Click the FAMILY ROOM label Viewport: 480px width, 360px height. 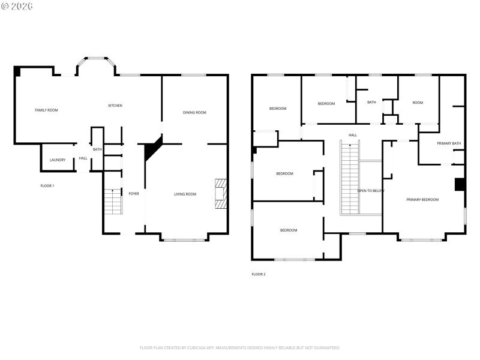[x=46, y=110]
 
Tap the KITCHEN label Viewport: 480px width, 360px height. [x=115, y=106]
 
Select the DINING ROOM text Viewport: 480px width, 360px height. [x=194, y=113]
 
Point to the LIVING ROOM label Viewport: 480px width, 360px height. [x=185, y=194]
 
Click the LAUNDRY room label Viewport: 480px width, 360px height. [x=58, y=160]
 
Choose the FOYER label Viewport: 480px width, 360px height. [x=134, y=194]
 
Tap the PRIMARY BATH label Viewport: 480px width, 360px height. [x=449, y=143]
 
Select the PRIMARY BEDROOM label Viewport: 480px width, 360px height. [x=422, y=200]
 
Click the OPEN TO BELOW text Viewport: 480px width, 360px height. [x=370, y=191]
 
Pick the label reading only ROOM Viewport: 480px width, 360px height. [x=418, y=103]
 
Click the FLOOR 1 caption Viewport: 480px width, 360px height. [x=47, y=186]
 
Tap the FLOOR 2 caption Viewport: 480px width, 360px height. [x=258, y=274]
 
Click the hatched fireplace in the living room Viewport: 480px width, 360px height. [x=221, y=193]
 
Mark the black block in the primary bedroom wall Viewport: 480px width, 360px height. [x=460, y=184]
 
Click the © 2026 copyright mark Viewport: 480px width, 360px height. [x=17, y=6]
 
